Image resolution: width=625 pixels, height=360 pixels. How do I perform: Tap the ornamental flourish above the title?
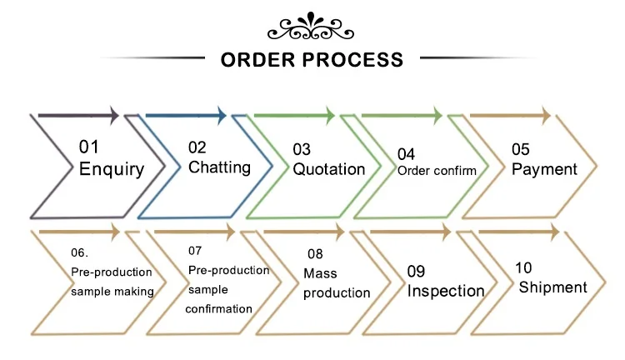311,27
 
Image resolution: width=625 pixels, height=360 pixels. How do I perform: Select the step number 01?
89,147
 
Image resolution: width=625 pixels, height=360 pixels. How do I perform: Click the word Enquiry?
111,168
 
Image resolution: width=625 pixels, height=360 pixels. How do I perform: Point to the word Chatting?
219,167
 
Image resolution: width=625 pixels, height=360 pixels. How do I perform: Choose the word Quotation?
328,169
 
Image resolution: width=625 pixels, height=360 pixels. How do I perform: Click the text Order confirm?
437,171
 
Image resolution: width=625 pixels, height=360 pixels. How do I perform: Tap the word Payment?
544,169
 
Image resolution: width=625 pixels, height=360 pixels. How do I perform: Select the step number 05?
521,149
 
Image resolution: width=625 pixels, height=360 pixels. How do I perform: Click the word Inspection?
446,291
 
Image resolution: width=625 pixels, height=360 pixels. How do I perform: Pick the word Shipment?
552,287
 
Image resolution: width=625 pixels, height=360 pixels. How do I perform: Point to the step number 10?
524,267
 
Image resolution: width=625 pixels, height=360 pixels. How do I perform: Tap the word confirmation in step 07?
220,308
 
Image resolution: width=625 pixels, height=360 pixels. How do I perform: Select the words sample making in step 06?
112,291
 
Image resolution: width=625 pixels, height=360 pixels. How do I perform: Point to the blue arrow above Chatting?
186,115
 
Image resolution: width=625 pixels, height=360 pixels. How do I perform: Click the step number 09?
417,271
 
